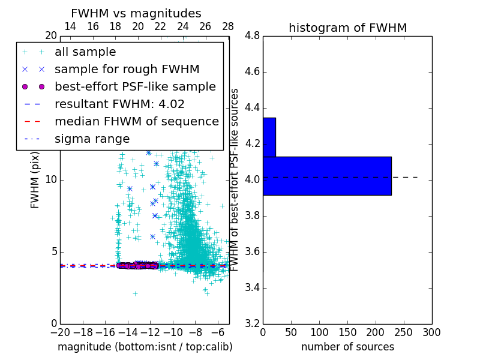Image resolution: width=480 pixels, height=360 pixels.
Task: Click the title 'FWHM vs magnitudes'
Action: tap(136, 13)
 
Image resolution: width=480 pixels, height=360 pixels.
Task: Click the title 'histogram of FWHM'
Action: tap(347, 28)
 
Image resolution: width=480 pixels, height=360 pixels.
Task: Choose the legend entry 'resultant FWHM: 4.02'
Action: tap(119, 104)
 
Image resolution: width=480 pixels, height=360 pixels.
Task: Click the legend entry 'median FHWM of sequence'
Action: tap(136, 122)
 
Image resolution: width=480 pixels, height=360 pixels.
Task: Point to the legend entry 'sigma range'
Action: tap(92, 139)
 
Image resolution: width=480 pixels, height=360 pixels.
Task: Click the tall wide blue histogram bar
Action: tap(327, 176)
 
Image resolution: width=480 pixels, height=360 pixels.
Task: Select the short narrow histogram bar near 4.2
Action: tap(269, 137)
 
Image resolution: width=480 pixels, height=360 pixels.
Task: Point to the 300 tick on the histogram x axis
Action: tap(432, 332)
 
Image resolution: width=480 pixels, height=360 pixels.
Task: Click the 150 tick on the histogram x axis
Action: tap(347, 332)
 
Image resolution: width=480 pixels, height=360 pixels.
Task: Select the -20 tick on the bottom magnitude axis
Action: tap(60, 332)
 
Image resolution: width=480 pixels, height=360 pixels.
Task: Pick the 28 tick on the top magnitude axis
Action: tap(228, 26)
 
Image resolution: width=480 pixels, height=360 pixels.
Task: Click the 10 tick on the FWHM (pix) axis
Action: tap(51, 180)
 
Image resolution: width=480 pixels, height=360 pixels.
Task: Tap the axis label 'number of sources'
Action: tap(347, 347)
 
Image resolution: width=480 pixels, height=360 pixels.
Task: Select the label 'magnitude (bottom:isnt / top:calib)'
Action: tap(145, 347)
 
